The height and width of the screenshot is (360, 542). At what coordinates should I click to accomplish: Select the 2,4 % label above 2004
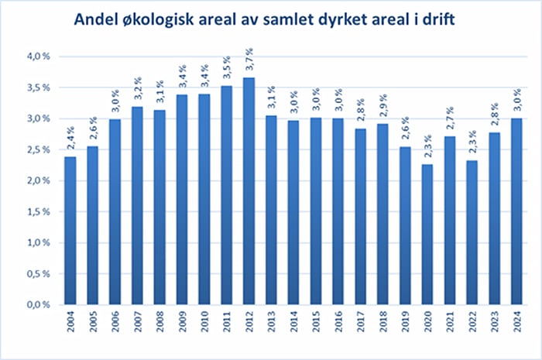pos(70,141)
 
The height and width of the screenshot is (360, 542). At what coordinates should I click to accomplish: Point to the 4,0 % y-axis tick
pos(38,57)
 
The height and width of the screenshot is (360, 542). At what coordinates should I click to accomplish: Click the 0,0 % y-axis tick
pos(38,305)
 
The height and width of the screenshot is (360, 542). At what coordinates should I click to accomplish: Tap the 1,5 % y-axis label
pos(38,212)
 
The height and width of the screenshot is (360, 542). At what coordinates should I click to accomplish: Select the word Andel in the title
pos(98,20)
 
